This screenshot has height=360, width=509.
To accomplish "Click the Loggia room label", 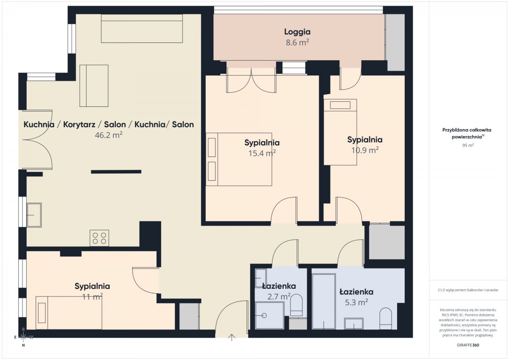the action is (297, 32).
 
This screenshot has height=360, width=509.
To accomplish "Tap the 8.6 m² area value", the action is (297, 42).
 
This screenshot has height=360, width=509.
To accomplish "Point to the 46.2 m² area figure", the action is (109, 135).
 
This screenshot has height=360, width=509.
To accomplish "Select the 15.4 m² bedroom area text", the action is (262, 153).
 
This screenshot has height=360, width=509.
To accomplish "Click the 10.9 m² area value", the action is (365, 150).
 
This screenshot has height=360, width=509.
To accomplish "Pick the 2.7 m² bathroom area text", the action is (279, 297).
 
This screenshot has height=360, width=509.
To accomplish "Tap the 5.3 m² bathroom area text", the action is (356, 302).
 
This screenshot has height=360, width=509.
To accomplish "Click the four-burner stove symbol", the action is (99, 238).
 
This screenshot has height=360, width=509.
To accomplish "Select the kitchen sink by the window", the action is (34, 215).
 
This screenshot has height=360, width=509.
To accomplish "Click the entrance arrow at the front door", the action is (232, 338).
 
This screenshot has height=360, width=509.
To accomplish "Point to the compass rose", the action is (23, 337).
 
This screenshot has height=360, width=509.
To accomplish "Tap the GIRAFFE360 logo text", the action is (468, 345).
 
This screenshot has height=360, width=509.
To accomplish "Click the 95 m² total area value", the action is (468, 145).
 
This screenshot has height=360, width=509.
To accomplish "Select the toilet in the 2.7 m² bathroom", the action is (296, 305).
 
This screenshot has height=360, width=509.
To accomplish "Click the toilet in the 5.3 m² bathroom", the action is (386, 318).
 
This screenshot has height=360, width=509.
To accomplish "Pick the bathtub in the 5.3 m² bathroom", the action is (324, 301).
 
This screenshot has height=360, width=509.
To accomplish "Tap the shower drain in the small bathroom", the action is (264, 315).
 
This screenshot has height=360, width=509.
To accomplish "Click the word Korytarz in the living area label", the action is (79, 125).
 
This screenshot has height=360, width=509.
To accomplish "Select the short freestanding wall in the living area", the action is (116, 172).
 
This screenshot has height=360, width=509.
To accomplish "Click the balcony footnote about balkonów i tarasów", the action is (468, 290).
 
